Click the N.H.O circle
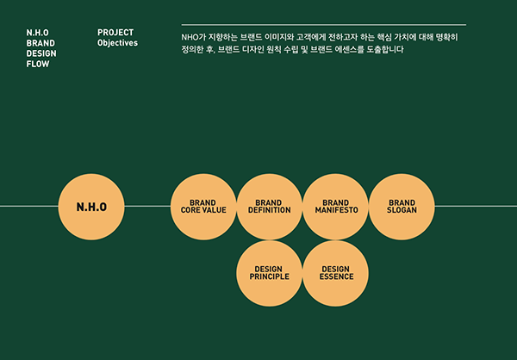(91, 207)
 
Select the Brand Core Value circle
(203, 207)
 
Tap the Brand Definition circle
(270, 207)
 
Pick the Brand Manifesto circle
(336, 207)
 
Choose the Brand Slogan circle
(402, 207)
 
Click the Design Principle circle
(270, 273)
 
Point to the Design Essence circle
(336, 273)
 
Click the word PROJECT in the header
(115, 33)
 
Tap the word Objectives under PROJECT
(118, 43)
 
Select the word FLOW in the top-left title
(38, 64)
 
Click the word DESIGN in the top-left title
(41, 53)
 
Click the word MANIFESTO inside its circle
(336, 211)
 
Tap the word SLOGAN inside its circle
(402, 211)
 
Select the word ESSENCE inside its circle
(336, 277)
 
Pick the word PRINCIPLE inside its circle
(270, 277)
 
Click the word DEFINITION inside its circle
(270, 211)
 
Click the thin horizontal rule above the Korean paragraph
(324, 25)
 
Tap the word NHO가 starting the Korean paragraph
(195, 38)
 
